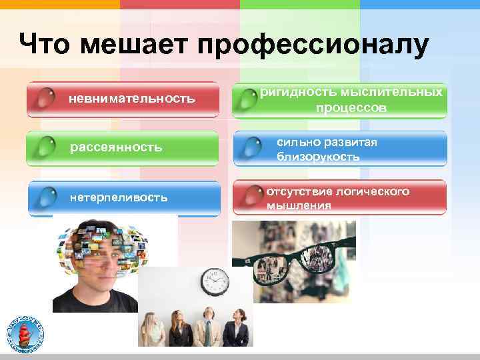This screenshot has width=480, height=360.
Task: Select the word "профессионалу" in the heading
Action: coord(313,46)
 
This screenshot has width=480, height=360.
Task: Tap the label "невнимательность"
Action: coord(131,99)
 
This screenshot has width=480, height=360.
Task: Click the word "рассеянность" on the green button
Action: coord(116,147)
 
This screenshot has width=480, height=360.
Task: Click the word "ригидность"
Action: coord(297,91)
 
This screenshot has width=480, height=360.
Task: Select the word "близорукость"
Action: coord(318,157)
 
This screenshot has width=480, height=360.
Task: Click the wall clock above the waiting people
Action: coord(215,282)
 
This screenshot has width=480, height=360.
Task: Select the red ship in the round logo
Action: coord(29,331)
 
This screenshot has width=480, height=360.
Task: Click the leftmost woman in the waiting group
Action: coord(155,329)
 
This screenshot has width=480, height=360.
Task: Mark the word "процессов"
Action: coord(351,107)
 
